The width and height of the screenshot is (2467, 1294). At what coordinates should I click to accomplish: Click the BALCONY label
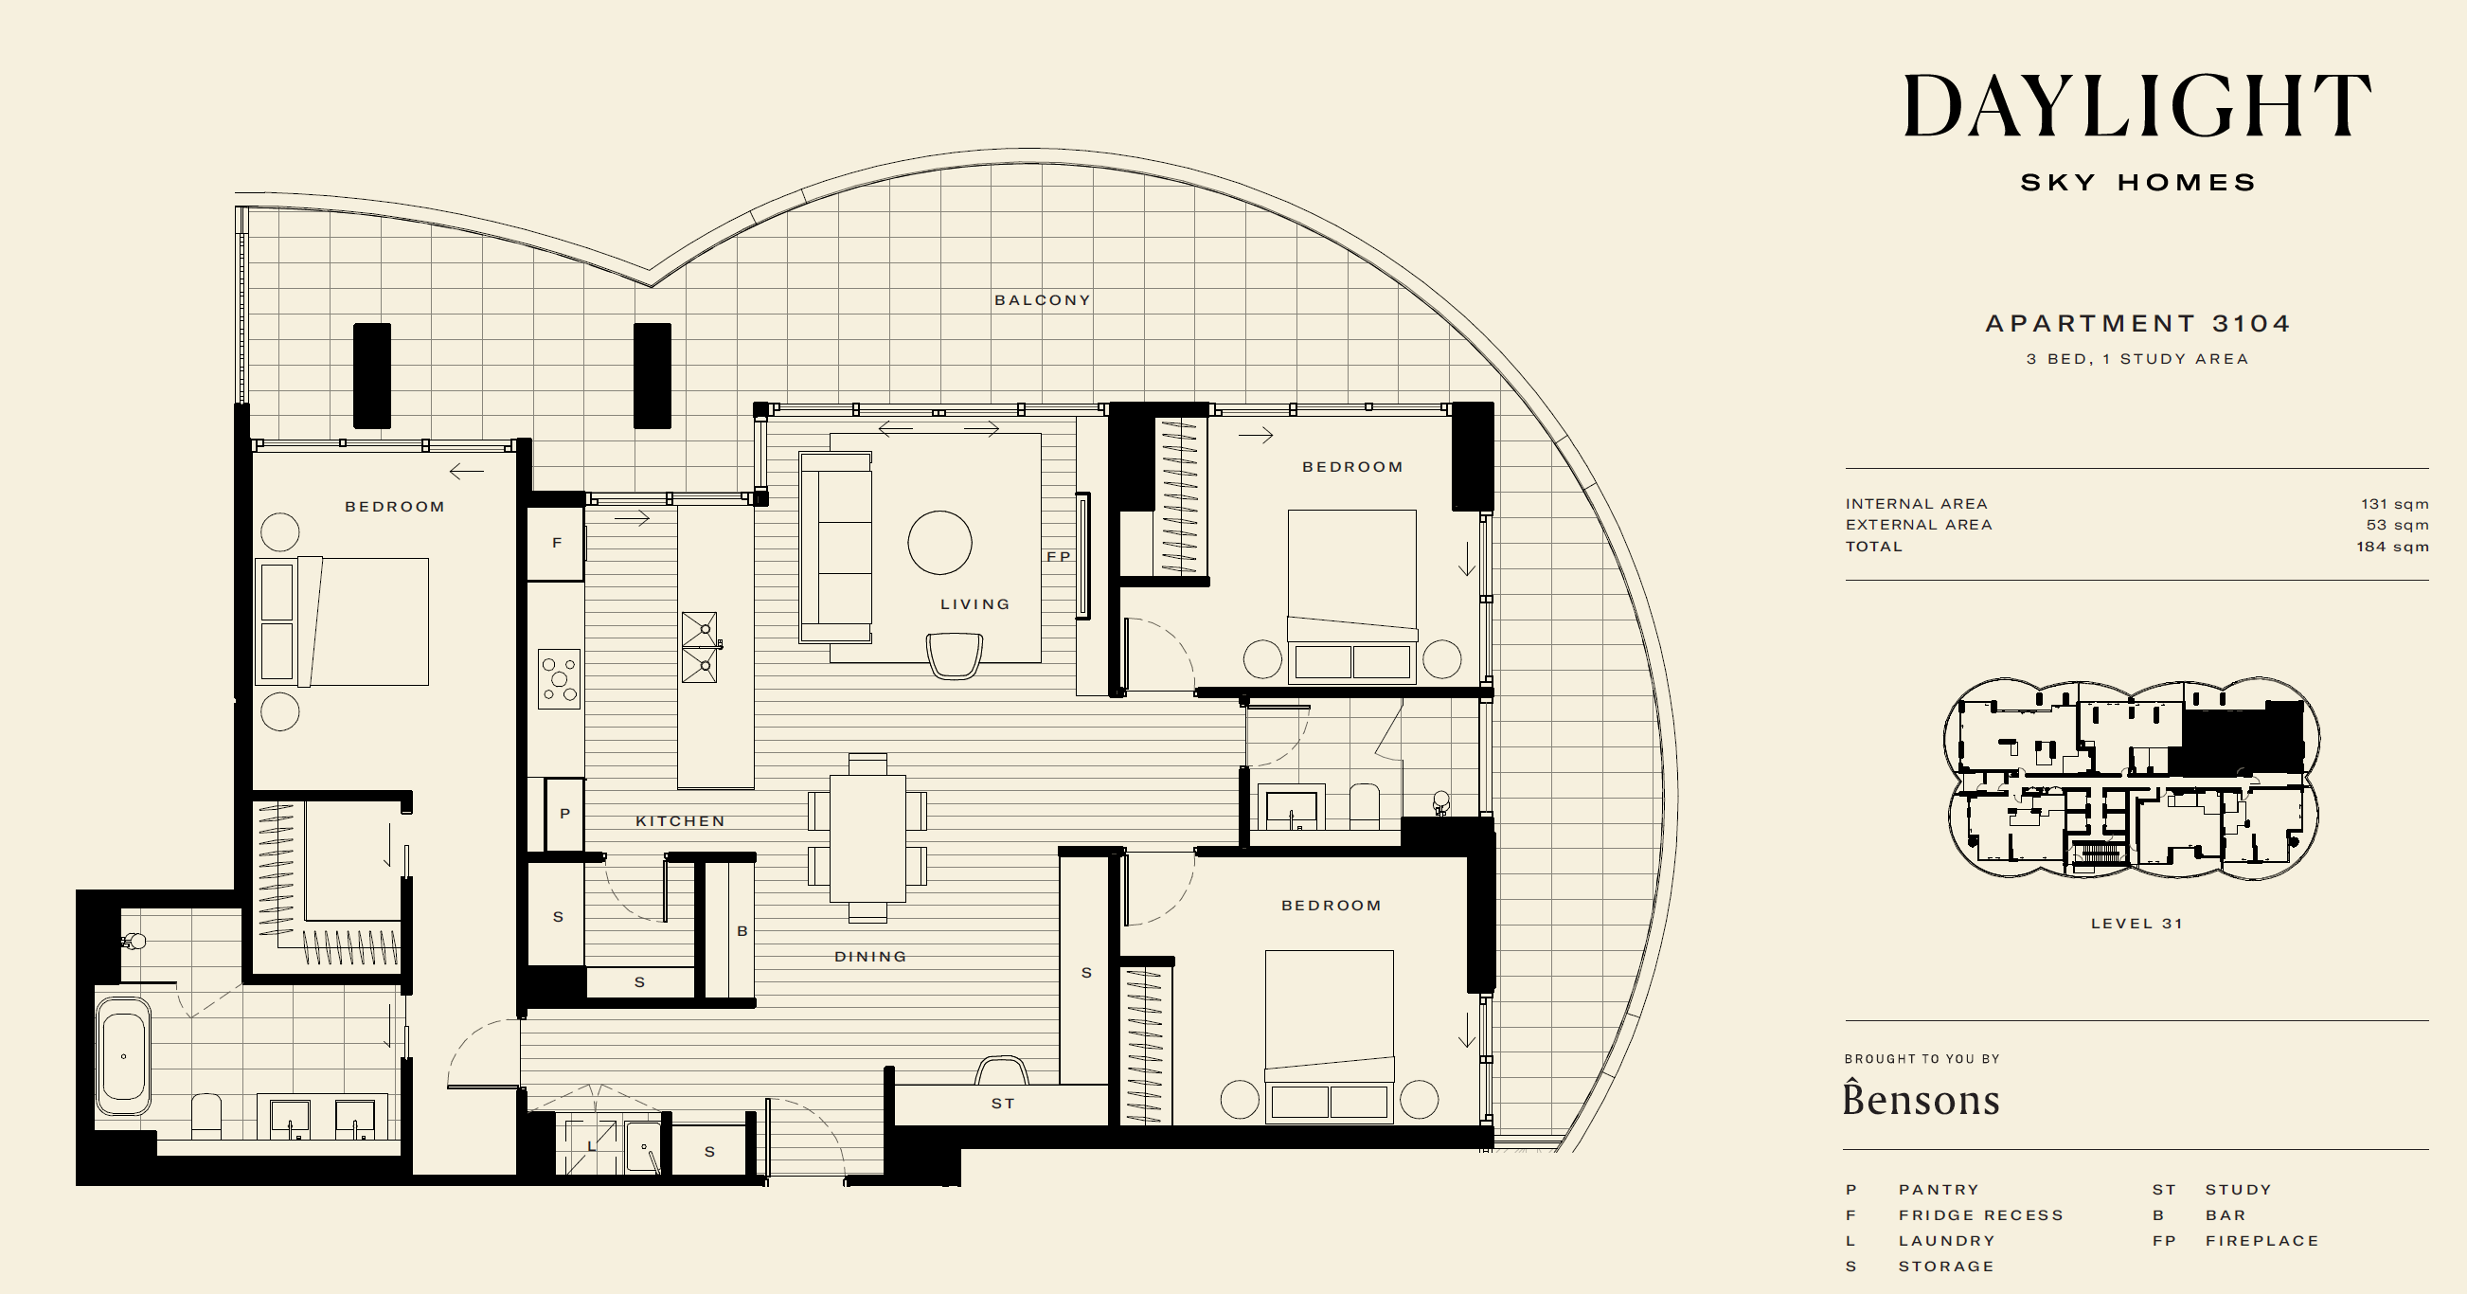click(x=1042, y=299)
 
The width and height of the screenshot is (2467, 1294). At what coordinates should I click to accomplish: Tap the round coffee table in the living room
click(x=939, y=542)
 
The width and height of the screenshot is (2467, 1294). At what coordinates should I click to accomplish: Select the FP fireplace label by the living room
click(x=1058, y=556)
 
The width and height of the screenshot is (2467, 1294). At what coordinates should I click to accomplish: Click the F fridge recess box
click(x=556, y=543)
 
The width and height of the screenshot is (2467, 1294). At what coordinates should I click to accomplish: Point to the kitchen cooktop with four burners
click(x=560, y=679)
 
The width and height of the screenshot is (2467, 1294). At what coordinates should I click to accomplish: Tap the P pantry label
click(x=565, y=814)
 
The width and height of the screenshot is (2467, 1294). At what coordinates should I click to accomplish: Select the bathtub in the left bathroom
click(x=123, y=1056)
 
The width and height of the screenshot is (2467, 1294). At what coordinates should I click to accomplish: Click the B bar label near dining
click(x=742, y=931)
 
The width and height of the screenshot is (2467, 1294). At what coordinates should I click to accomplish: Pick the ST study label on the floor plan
click(x=1003, y=1104)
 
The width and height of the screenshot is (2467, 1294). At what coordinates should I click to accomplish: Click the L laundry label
click(x=592, y=1146)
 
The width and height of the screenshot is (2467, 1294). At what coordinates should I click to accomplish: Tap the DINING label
click(x=869, y=957)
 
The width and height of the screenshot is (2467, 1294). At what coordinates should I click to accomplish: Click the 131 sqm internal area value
click(x=2394, y=504)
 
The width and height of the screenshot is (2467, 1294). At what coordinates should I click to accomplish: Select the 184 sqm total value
click(x=2392, y=547)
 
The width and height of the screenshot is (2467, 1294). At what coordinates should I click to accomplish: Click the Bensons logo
click(x=1922, y=1098)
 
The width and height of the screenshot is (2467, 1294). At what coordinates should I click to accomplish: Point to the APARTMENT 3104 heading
click(x=2137, y=324)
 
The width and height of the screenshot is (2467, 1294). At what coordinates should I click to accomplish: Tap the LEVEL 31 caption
click(x=2136, y=925)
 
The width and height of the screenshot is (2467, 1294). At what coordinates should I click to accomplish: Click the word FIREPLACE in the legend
click(x=2262, y=1241)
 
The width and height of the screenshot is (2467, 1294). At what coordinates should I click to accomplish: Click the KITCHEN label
click(x=680, y=821)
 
